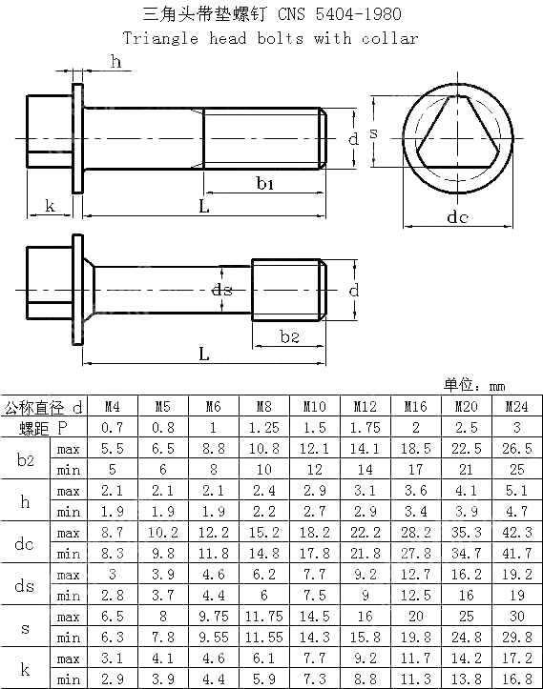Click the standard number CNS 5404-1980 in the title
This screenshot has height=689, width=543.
[339, 14]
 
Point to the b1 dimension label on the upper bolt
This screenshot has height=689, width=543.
[264, 183]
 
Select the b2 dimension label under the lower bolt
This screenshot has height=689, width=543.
[289, 337]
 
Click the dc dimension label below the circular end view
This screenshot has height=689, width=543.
[458, 217]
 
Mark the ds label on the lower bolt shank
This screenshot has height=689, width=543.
[221, 290]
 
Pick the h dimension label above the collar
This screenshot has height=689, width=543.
[116, 63]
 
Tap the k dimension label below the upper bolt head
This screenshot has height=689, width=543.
[50, 206]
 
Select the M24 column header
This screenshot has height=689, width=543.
[516, 407]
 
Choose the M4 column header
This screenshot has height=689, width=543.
[112, 407]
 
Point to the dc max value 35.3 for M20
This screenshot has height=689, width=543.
[466, 533]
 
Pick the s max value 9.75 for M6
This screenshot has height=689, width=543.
[214, 617]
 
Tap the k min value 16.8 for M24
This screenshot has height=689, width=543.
[516, 679]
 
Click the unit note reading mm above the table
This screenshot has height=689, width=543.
[496, 386]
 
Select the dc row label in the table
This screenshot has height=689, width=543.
[25, 543]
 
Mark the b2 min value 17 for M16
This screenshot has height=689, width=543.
[415, 470]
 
